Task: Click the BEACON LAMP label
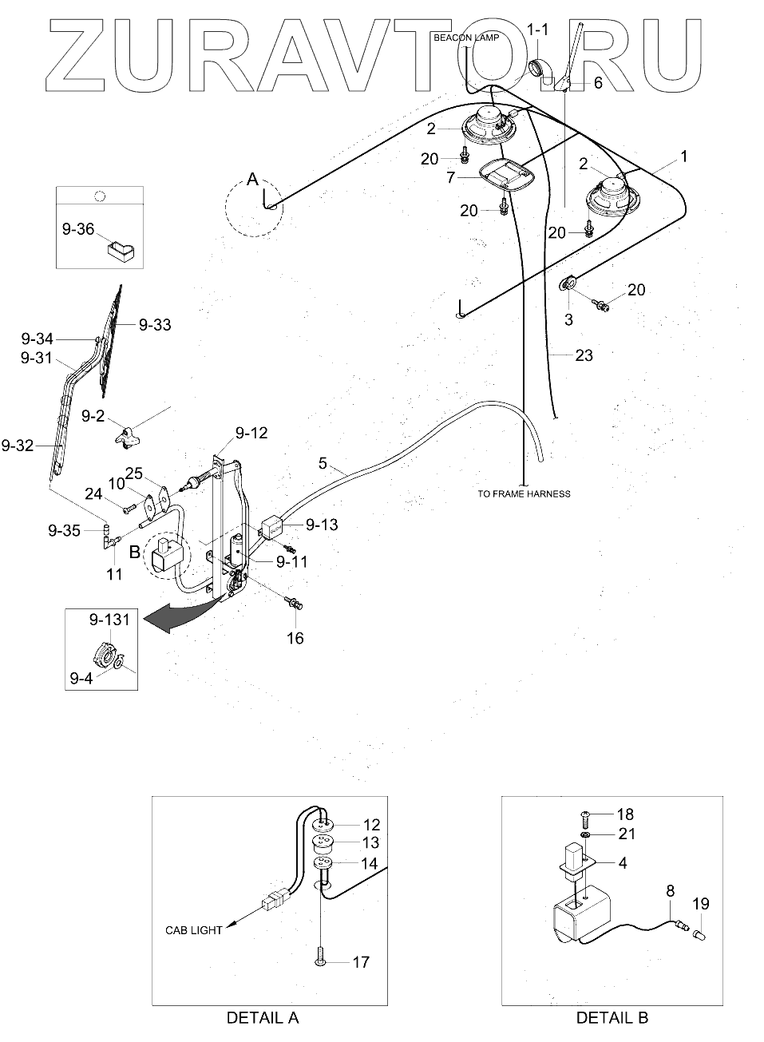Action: pos(466,38)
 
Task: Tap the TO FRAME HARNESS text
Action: pos(524,493)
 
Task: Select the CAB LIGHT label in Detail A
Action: pos(194,930)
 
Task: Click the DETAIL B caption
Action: pos(612,1018)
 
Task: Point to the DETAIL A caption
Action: pos(263,1018)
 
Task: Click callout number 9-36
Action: pos(78,230)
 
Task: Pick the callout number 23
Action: pos(584,355)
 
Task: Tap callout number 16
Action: pos(295,639)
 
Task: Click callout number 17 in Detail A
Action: pos(361,962)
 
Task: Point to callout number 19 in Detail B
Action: pos(701,905)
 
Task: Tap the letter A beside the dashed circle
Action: pos(252,180)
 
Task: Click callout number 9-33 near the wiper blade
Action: pos(154,325)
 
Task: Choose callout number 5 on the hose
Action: pos(322,463)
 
